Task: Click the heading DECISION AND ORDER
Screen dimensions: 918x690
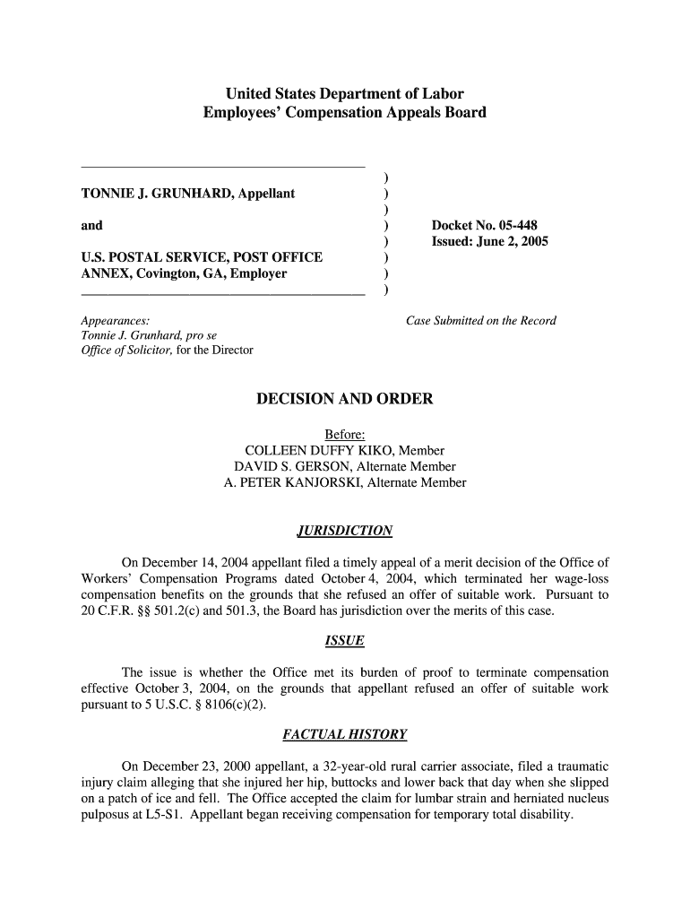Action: [x=344, y=399]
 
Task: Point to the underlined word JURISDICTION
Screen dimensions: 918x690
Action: [x=344, y=531]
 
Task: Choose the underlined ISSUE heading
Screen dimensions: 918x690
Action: [x=344, y=641]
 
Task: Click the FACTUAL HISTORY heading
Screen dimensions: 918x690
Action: [x=344, y=735]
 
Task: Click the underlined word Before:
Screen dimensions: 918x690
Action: [x=344, y=435]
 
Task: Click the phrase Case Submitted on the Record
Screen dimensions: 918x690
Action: [x=481, y=320]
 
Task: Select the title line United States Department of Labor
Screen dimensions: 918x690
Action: [x=344, y=93]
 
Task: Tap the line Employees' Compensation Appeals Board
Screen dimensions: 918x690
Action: [x=344, y=113]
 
